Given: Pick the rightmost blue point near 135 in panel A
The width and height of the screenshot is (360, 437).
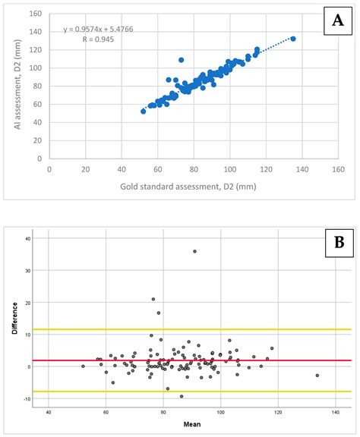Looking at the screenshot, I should point(293,39).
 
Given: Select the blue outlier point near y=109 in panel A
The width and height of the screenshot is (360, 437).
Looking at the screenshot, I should point(181,60).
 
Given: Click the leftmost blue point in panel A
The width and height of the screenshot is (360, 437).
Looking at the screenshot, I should point(143,111).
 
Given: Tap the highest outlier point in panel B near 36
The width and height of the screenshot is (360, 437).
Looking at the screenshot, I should point(195,251).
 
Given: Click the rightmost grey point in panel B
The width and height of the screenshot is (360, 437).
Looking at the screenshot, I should point(317,375).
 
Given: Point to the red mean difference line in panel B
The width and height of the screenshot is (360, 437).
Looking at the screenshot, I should point(190,360).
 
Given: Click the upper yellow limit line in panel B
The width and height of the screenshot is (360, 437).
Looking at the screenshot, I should point(190,329).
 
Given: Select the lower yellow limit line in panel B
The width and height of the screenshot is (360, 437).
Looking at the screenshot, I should point(190,391).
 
